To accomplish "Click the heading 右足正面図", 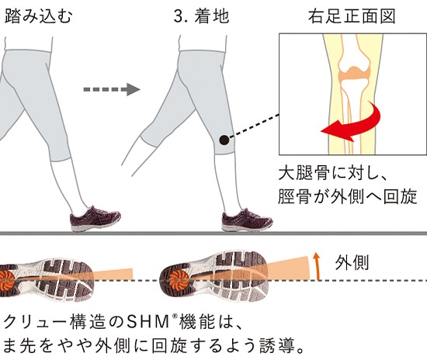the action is [352, 16].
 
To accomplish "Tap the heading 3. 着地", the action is [202, 16].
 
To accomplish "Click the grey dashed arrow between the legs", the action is [112, 89].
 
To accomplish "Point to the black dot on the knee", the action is [224, 140].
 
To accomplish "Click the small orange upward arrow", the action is [316, 266].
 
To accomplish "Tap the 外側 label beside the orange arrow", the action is [352, 263].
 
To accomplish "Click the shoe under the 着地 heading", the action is [247, 220].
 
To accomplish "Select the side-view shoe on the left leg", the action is [95, 219].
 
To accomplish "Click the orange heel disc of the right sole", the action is [177, 280].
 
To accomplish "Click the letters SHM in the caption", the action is [148, 323].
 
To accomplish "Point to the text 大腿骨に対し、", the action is [332, 173].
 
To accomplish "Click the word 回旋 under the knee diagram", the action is [400, 196].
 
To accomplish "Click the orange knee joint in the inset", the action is [355, 73].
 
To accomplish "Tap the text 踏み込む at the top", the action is [38, 16].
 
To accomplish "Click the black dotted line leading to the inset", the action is [255, 126].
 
